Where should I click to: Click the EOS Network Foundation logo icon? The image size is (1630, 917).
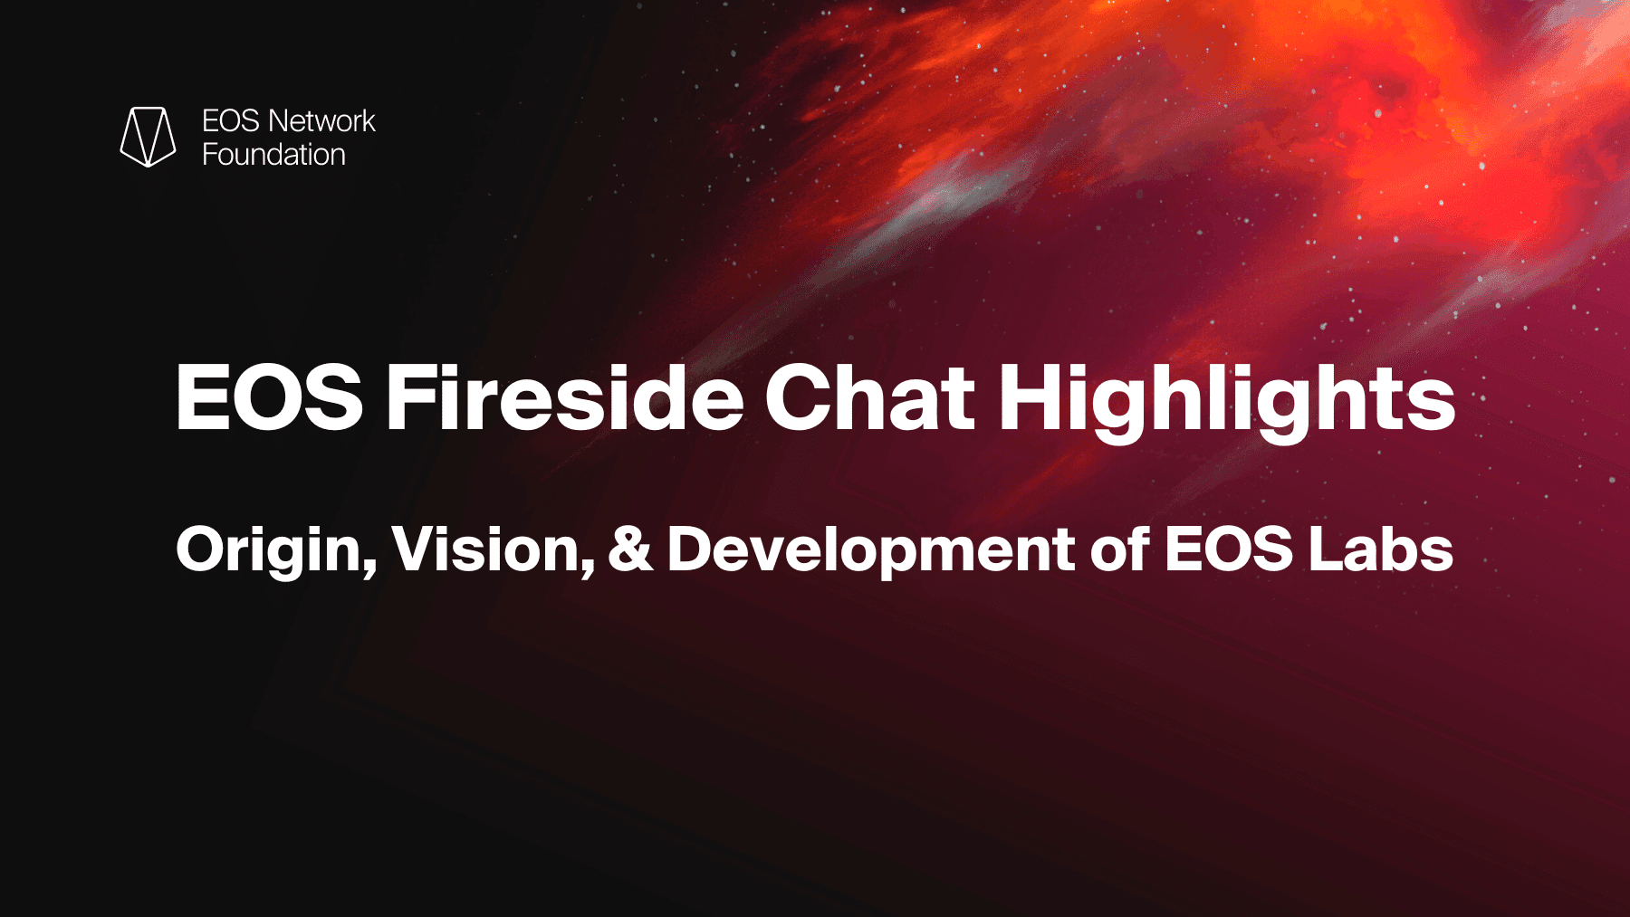coord(148,137)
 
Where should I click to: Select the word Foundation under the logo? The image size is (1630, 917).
coord(273,155)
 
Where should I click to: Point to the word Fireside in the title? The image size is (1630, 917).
coord(565,396)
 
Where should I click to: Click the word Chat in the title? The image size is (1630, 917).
coord(870,396)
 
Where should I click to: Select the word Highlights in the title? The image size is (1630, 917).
coord(1227,403)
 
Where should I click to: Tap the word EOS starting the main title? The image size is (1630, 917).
coord(269,397)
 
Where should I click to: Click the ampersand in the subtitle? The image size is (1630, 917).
coord(630,549)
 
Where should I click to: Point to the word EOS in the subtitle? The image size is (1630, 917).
coord(1229,549)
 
